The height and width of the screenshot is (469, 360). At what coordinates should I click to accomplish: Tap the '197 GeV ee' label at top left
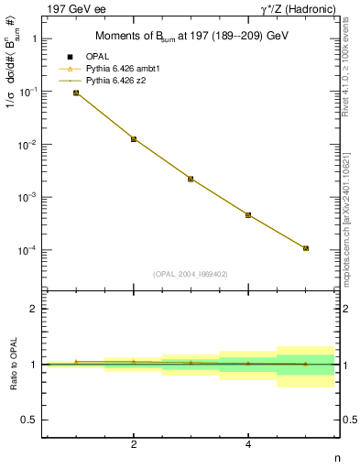(x=72, y=8)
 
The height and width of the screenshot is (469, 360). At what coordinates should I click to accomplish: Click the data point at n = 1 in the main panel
(x=76, y=93)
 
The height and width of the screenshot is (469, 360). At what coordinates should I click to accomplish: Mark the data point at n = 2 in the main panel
(x=134, y=139)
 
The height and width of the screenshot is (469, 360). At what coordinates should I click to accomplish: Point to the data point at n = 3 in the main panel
(x=191, y=179)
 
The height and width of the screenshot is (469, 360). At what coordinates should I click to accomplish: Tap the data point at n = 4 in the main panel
(x=248, y=215)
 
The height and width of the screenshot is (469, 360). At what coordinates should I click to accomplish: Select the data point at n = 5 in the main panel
(x=306, y=248)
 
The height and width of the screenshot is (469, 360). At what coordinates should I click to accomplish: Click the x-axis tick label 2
(x=134, y=445)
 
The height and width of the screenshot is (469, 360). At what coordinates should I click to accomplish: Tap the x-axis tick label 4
(x=248, y=445)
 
